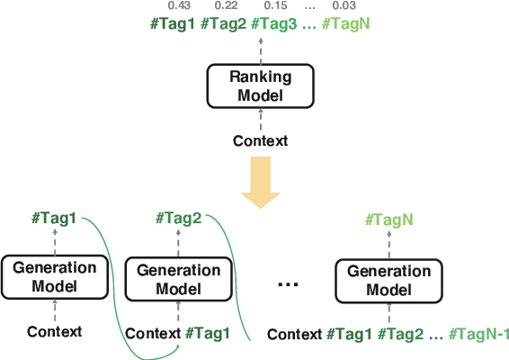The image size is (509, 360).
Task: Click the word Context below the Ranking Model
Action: point(260,140)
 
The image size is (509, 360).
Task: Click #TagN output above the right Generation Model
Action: point(388,219)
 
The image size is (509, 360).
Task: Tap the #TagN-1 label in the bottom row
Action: point(479,335)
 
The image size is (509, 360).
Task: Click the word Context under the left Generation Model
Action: point(54,332)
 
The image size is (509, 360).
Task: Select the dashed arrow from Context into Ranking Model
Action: point(260,121)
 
